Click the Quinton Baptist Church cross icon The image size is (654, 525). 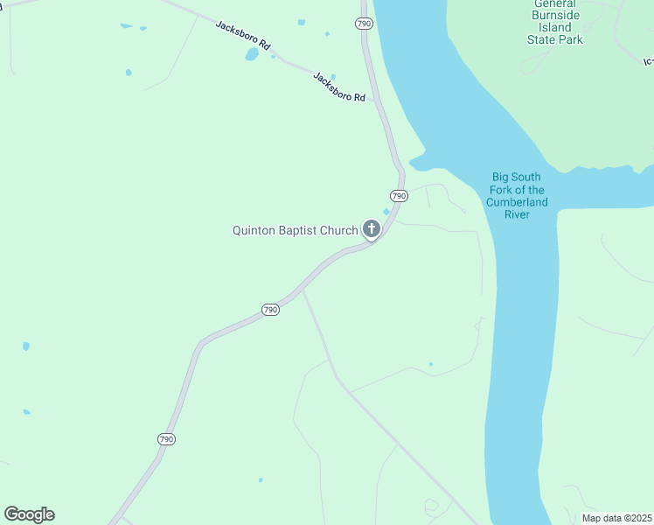372,230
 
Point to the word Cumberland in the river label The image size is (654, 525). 517,202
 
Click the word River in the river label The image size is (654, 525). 517,214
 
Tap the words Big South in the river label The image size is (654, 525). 517,178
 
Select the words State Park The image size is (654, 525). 555,39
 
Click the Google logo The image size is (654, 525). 29,514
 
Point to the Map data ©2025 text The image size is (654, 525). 616,518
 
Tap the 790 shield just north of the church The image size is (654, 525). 399,195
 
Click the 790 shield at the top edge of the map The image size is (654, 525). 365,24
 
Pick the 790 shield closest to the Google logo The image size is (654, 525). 167,439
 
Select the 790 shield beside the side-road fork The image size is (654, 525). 270,310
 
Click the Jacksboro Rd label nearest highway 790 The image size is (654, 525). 339,87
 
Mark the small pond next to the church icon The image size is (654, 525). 386,211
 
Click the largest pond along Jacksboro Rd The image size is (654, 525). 252,54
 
